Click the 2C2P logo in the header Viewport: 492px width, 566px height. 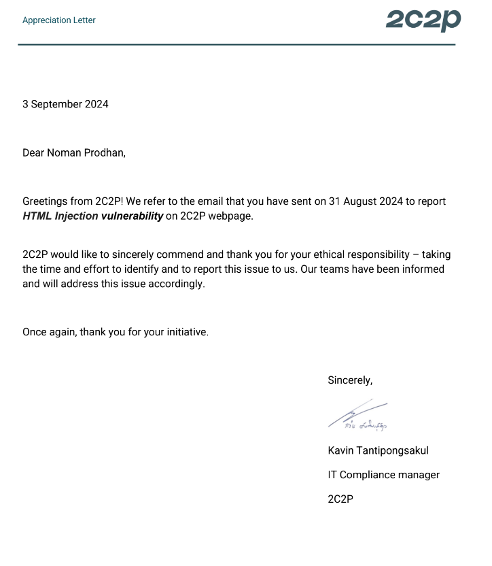point(423,20)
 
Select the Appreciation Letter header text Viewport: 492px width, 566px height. point(59,20)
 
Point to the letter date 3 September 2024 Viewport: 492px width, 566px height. point(65,104)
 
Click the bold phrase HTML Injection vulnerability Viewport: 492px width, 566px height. point(93,216)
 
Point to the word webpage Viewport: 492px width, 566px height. point(230,216)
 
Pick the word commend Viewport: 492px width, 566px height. point(183,255)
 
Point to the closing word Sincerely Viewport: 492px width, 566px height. point(349,380)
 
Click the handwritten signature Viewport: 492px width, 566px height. point(357,416)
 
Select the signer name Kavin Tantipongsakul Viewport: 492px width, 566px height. point(378,450)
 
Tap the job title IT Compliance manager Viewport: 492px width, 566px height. point(383,475)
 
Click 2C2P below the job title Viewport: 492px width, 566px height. point(340,499)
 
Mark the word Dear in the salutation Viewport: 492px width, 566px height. point(33,152)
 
